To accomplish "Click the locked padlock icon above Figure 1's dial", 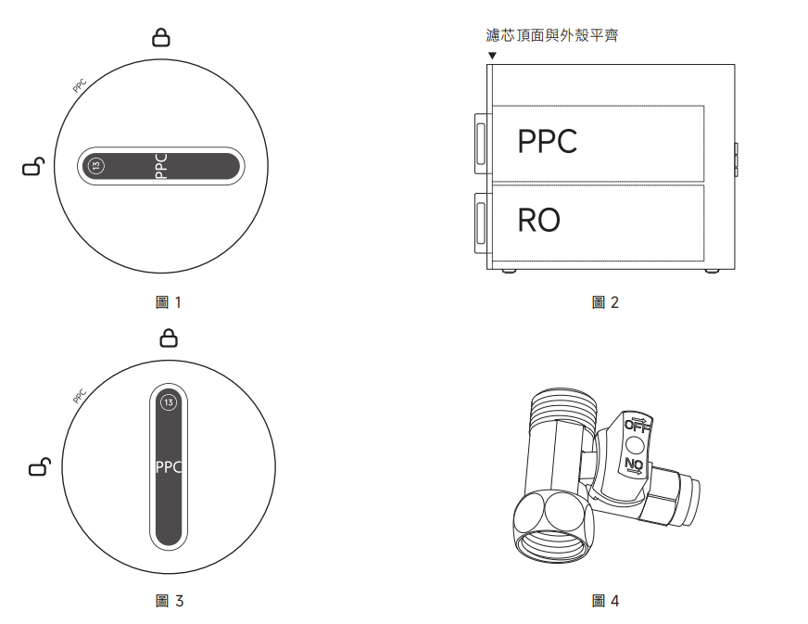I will click(161, 37).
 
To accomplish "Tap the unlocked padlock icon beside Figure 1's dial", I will click(32, 167).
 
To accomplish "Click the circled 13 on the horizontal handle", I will click(97, 165).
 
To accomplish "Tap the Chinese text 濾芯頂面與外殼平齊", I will click(552, 36).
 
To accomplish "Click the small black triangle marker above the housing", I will click(492, 56).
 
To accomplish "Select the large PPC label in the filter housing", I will click(547, 142).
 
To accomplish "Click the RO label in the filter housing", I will click(538, 221).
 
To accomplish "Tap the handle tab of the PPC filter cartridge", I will click(482, 143).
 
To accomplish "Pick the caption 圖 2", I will click(605, 302).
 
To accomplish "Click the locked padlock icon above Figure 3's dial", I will click(168, 337).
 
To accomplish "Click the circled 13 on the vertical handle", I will click(168, 402).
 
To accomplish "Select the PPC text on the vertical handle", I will click(168, 466).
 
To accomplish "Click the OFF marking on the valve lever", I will click(638, 425).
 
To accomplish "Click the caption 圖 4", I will click(605, 602).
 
